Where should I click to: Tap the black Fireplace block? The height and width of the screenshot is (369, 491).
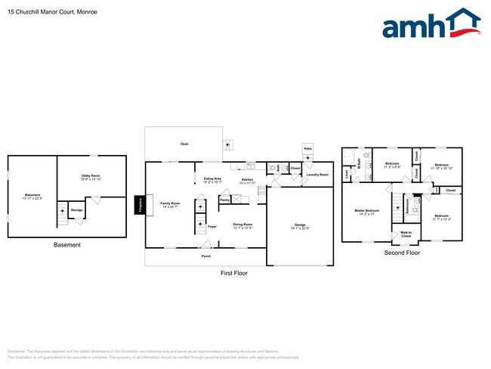coord(139,205)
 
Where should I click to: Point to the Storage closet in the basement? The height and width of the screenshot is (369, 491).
coord(76,210)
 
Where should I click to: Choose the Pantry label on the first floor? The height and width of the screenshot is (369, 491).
coord(224,200)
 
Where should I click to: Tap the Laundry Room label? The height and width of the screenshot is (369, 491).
coord(317,175)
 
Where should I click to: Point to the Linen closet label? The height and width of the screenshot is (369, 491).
coord(346,175)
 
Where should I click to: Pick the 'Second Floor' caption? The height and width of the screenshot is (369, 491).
coord(402,253)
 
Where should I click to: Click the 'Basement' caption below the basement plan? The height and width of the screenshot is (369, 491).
coord(67,245)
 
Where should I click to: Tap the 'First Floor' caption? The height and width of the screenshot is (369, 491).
coord(233,273)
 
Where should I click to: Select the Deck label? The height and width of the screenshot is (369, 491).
coord(184,144)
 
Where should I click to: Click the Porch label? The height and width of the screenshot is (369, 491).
coord(205,256)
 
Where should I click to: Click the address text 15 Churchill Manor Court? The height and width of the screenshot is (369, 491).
coord(42,12)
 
